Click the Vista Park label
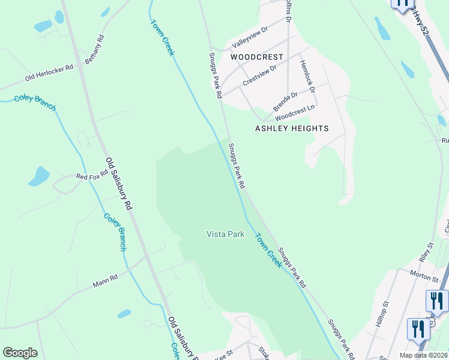225,234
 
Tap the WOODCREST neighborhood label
256,57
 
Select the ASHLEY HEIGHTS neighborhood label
292,128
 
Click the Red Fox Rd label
92,176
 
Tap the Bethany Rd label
94,49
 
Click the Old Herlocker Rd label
49,73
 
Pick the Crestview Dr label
259,76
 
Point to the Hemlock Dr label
307,76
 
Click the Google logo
20,353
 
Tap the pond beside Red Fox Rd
39,177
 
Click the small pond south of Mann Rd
124,313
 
